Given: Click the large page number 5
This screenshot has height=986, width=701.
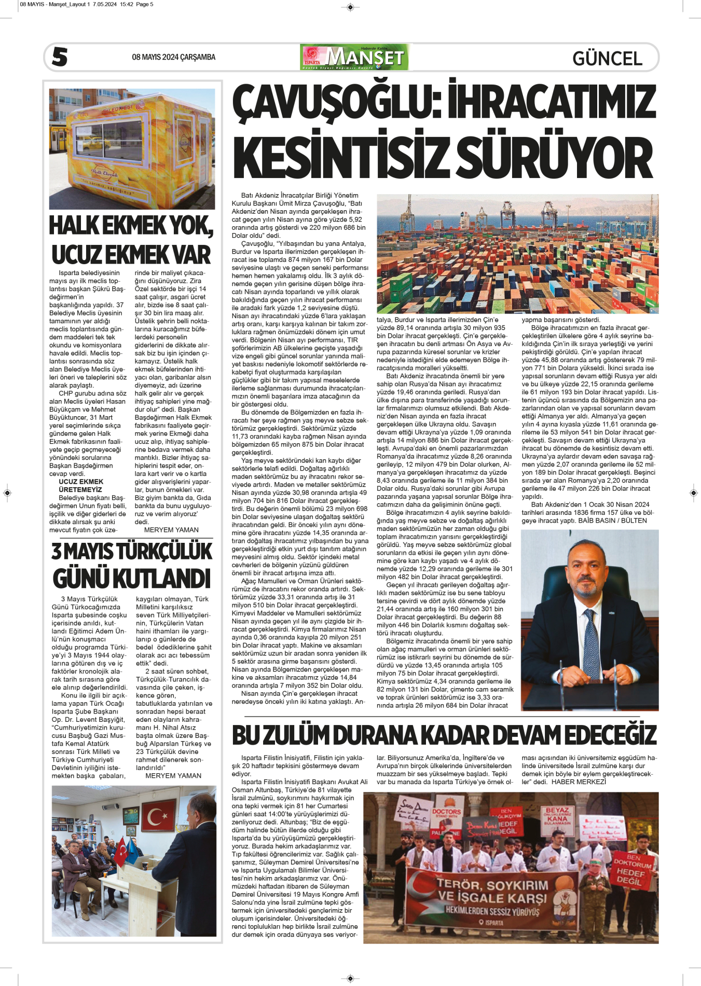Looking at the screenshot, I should point(60,57).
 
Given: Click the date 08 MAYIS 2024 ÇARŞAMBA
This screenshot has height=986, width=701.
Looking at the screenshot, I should point(173,57).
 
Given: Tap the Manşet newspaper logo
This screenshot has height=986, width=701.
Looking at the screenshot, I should point(354,57).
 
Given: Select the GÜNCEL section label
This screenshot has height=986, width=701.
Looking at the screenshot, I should point(607,58).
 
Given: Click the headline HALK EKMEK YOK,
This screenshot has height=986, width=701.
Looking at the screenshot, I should point(131,226).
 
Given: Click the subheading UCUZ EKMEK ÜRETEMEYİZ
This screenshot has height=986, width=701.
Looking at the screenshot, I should point(80,486).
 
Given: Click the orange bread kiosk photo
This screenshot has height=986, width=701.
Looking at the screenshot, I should point(132,149).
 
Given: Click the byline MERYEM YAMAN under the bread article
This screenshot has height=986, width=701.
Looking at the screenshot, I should point(171,530).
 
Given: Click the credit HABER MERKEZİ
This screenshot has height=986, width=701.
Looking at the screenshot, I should point(579,782).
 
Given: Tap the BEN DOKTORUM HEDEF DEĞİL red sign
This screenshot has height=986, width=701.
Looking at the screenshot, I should point(632,869).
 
